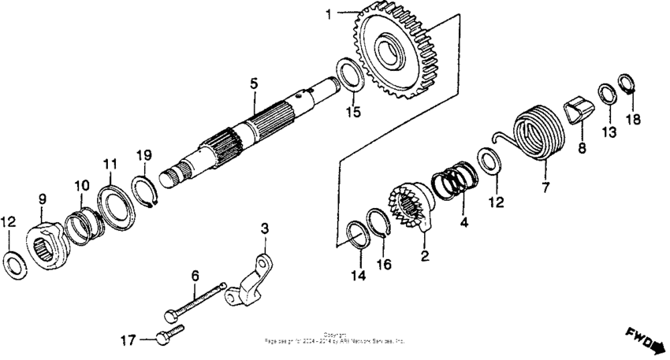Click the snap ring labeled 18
627,83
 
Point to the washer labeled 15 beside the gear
349,72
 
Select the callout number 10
82,184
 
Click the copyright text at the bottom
335,340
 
